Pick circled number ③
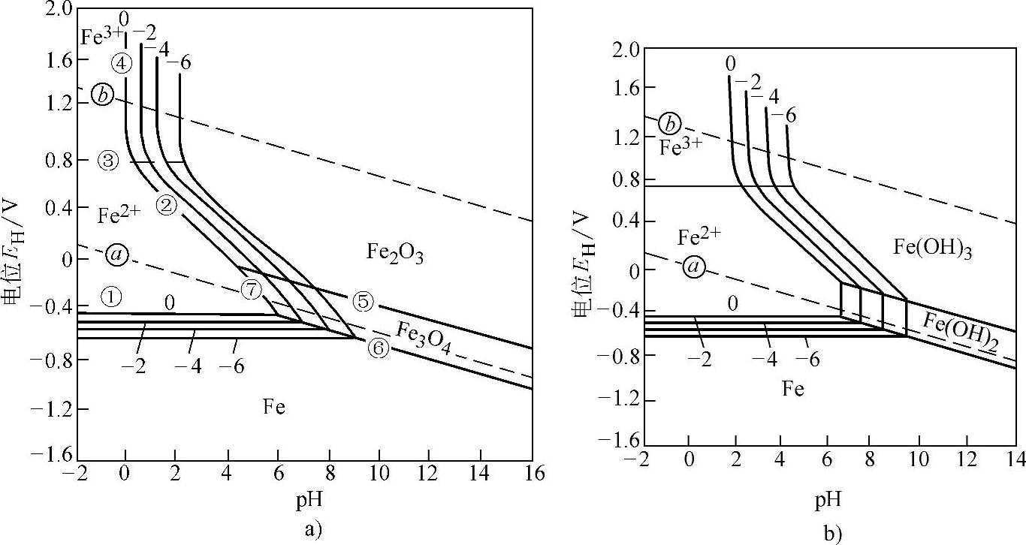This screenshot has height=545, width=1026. tap(107, 160)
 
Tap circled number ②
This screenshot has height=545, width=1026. tap(167, 204)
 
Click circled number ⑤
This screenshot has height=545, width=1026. tap(362, 302)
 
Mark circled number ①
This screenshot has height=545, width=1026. tap(111, 297)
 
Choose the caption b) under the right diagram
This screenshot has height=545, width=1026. tap(831, 534)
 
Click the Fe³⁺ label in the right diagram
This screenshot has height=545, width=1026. tap(681, 146)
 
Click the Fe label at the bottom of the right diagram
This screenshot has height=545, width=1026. tap(792, 389)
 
